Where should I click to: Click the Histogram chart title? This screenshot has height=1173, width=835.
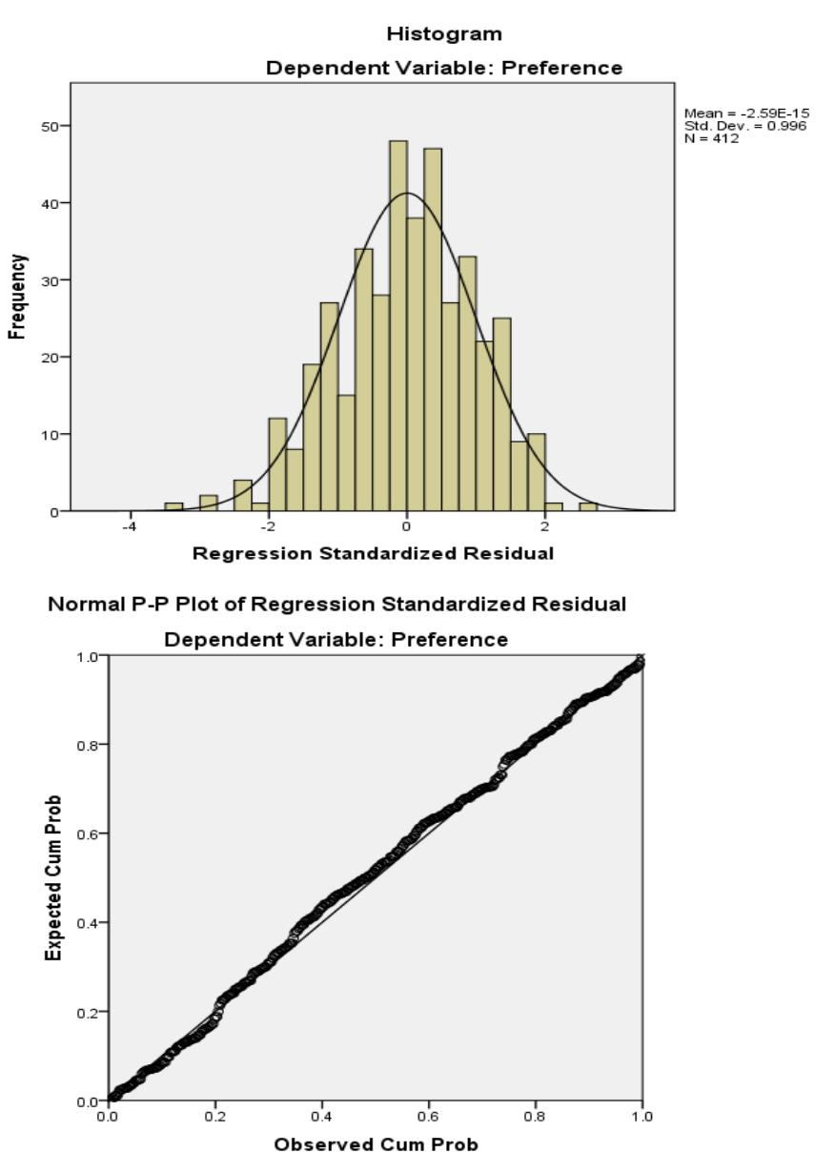click(x=443, y=34)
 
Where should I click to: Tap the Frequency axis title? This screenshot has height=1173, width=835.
click(x=17, y=297)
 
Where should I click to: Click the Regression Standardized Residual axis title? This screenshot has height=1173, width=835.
click(x=373, y=554)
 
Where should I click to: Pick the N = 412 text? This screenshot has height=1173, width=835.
click(x=711, y=138)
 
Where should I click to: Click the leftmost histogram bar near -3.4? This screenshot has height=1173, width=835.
click(x=173, y=506)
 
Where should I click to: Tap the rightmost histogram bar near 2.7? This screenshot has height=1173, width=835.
click(x=588, y=506)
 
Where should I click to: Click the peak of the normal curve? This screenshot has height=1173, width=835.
click(x=406, y=194)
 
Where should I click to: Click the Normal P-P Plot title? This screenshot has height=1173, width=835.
click(x=336, y=605)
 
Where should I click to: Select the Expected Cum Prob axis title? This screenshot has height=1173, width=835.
click(x=56, y=877)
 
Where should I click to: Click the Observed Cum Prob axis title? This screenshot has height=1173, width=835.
click(x=376, y=1144)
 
